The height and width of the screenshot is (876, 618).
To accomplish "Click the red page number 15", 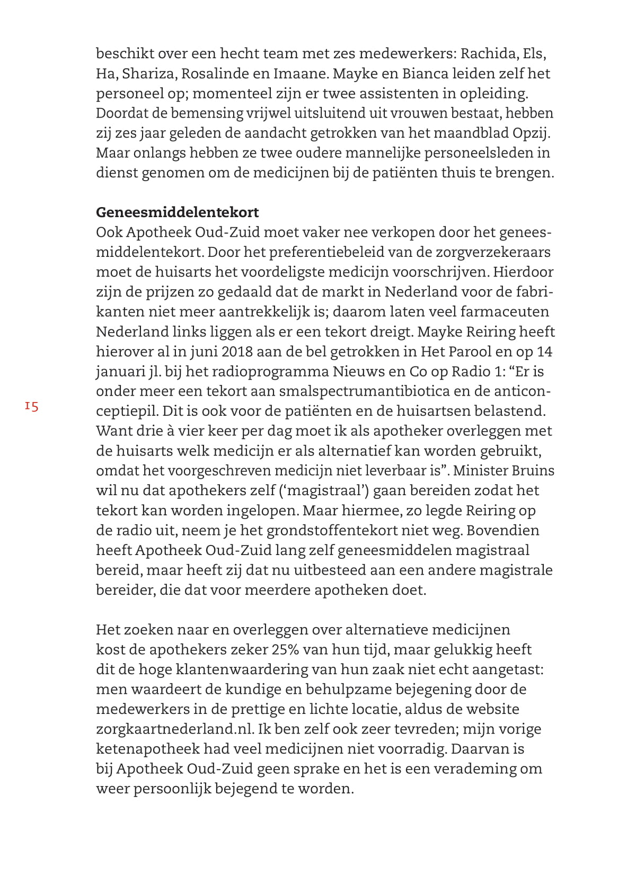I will point(31,407).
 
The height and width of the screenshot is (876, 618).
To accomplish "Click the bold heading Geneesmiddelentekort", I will point(177,212).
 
